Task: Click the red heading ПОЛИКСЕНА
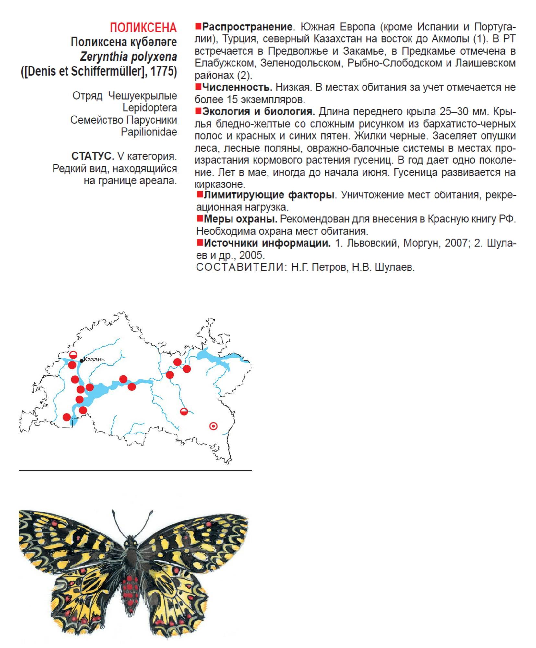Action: (143, 28)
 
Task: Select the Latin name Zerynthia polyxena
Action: (128, 57)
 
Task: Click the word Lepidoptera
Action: (149, 108)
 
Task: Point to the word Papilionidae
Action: (149, 132)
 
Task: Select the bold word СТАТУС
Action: (92, 156)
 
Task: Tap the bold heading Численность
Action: (237, 87)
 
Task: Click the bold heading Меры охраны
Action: (240, 219)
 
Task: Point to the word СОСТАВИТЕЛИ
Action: (240, 267)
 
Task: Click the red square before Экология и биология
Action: (198, 111)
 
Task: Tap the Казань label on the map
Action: (94, 360)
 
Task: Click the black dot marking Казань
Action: (82, 361)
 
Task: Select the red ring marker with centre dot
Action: (213, 426)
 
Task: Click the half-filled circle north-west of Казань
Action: (73, 354)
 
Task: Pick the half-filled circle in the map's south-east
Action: (184, 412)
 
